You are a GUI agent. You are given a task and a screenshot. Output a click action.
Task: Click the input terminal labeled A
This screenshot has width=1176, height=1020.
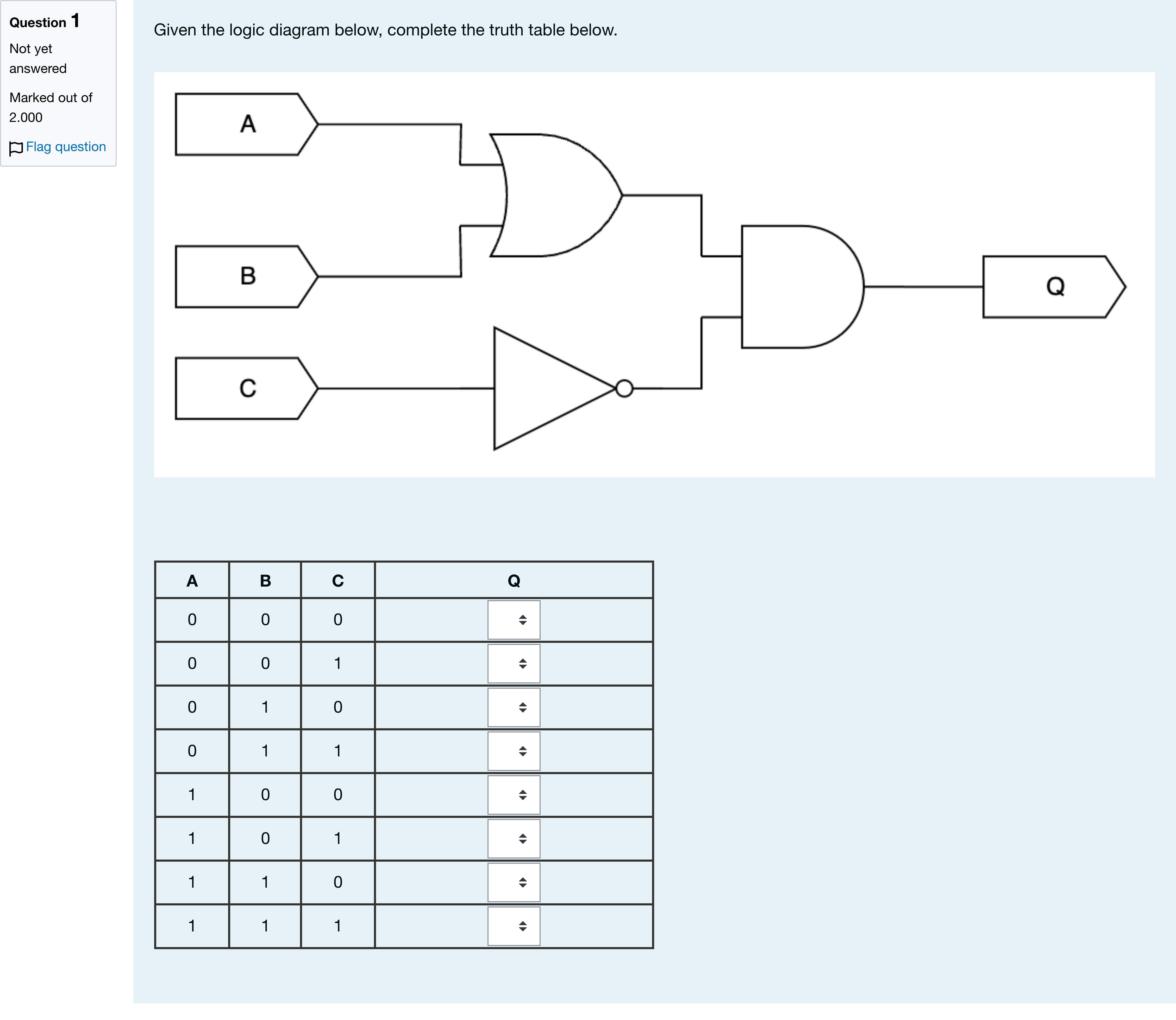point(246,124)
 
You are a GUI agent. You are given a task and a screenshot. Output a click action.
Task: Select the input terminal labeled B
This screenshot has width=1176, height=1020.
point(246,277)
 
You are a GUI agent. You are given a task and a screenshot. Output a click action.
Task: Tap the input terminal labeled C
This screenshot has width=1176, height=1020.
point(246,388)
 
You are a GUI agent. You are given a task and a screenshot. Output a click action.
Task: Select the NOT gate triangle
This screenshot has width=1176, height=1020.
point(555,388)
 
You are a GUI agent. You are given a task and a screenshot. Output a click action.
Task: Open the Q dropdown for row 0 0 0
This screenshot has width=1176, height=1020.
point(514,620)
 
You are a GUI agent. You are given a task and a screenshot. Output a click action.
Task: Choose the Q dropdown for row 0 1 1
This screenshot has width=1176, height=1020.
point(514,751)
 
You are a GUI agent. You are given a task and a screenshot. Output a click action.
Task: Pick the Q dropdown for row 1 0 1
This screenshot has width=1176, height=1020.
point(514,838)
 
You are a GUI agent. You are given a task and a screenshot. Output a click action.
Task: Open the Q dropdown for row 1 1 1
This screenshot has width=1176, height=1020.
point(514,926)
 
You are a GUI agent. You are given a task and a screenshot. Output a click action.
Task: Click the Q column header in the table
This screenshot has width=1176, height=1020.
point(514,581)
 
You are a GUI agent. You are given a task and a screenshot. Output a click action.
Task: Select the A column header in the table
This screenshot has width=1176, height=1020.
point(192,581)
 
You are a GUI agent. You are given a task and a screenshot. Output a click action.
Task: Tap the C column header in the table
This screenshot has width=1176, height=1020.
point(338,581)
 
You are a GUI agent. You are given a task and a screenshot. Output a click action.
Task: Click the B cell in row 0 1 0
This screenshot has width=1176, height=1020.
point(265,707)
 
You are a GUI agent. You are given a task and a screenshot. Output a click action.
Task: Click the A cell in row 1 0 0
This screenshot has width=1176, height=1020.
point(192,795)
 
